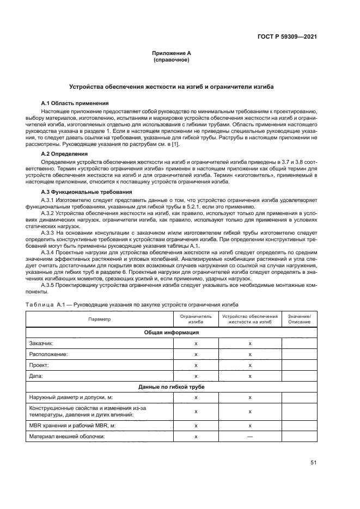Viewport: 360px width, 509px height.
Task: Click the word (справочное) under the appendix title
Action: point(172,60)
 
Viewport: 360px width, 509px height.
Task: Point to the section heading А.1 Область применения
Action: point(75,103)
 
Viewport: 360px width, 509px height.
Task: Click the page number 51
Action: point(313,463)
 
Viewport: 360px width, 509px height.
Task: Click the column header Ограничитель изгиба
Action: point(196,319)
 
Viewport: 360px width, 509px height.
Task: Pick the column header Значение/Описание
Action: point(300,319)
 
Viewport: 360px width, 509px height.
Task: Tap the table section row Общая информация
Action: point(171,332)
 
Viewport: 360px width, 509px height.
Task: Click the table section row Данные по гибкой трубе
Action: point(171,387)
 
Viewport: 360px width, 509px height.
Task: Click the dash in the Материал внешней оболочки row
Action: point(249,437)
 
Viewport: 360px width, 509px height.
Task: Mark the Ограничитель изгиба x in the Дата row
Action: point(196,376)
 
